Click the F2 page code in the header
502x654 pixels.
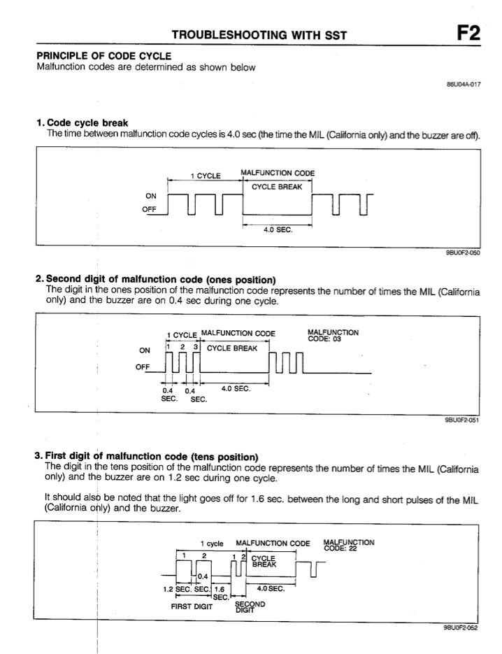point(468,34)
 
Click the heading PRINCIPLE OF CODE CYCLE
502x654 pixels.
point(103,56)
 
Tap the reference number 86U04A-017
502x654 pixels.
point(464,83)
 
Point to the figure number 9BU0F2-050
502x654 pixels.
point(461,253)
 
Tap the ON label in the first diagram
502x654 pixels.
point(150,197)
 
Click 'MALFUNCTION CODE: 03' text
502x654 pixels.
point(334,336)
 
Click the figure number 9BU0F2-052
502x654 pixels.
point(461,628)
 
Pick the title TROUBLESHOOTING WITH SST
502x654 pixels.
point(259,35)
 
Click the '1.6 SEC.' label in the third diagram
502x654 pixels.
point(221,592)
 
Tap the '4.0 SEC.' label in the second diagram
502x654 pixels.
point(236,389)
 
